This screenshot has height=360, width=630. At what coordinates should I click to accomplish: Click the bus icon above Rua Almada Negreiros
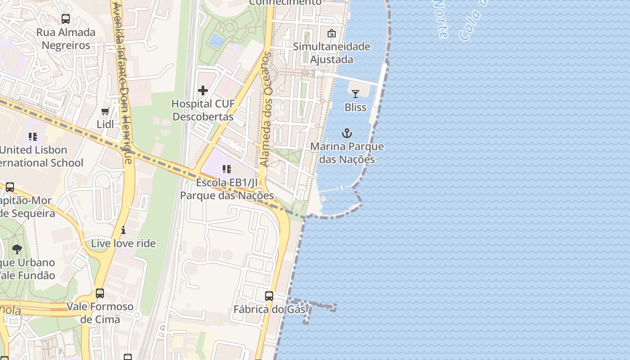pos(66,19)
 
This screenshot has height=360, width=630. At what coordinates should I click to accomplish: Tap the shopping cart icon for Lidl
pos(105,111)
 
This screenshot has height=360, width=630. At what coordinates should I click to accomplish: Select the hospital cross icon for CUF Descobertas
pos(203,90)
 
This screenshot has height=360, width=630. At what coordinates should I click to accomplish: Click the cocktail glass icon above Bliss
pos(355,94)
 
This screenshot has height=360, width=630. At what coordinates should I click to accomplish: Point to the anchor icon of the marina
pos(346,133)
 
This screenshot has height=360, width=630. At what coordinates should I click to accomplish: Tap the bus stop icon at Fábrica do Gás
pos(269,296)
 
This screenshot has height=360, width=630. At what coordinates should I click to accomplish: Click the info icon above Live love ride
pos(123,230)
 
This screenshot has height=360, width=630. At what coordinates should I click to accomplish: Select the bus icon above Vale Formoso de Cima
pos(100,293)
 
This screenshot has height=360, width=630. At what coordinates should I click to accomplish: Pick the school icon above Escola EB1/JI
pos(227,169)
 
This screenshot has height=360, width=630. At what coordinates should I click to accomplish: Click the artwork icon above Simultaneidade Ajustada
pos(332,33)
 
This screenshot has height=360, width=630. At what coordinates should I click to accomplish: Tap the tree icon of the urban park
pos(17,249)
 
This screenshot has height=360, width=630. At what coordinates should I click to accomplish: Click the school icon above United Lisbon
pos(32,136)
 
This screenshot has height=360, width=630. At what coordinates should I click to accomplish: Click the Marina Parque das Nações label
pos(347,153)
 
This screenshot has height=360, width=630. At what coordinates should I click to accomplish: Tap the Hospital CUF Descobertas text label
pos(203,110)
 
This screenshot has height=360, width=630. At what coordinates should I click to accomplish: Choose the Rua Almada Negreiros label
pos(66,39)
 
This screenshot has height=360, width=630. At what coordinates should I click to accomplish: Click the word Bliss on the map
pos(355,108)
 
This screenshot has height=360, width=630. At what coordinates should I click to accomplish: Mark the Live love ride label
pos(123,243)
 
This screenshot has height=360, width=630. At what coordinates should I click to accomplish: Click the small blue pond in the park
pos(217,41)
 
